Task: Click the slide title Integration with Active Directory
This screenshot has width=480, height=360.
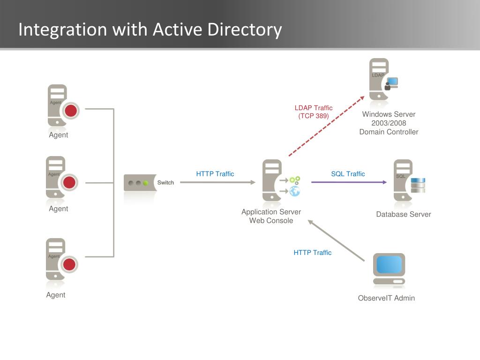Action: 150,29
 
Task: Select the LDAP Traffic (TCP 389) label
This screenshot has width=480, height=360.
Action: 314,112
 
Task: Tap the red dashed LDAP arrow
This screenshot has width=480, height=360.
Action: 326,126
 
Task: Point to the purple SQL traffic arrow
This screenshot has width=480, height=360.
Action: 349,182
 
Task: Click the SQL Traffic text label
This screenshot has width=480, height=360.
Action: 348,174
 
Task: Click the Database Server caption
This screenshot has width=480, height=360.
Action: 403,214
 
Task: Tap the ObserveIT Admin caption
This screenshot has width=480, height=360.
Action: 386,298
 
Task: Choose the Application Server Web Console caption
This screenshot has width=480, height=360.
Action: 271,216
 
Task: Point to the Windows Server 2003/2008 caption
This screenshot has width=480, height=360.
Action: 389,123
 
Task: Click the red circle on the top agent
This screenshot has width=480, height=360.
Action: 71,111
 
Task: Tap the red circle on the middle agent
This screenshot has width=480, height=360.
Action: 69,182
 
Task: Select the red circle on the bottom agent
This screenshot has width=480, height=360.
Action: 69,264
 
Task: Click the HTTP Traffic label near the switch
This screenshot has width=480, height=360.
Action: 215,174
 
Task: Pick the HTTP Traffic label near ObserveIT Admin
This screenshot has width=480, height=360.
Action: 312,253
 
